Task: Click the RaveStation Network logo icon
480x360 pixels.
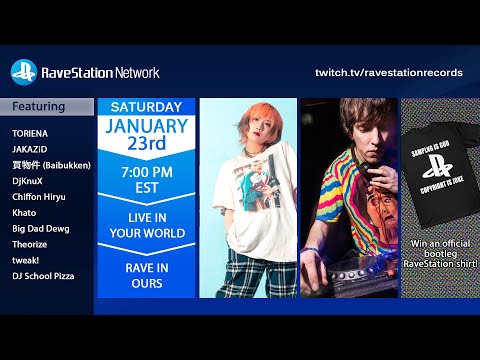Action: coord(23,72)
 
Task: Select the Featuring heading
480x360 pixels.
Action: coord(39,107)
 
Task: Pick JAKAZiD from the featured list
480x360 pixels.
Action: coord(30,147)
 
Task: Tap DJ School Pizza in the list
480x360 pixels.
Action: coord(42,275)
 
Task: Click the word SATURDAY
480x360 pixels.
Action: coord(146,107)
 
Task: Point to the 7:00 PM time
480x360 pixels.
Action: coord(146,172)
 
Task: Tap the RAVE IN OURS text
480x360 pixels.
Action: coord(146,274)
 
